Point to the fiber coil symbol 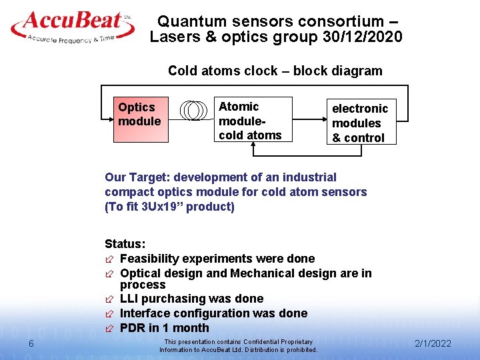tap(195, 110)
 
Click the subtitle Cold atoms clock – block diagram tap(275, 71)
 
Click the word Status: tap(125, 244)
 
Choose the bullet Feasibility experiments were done tap(217, 259)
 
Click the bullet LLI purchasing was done tap(191, 299)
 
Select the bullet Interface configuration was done tap(213, 313)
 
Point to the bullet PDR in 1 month tap(164, 328)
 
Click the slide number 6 tap(31, 343)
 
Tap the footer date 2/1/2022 tap(433, 343)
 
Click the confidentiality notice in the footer tap(238, 345)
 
